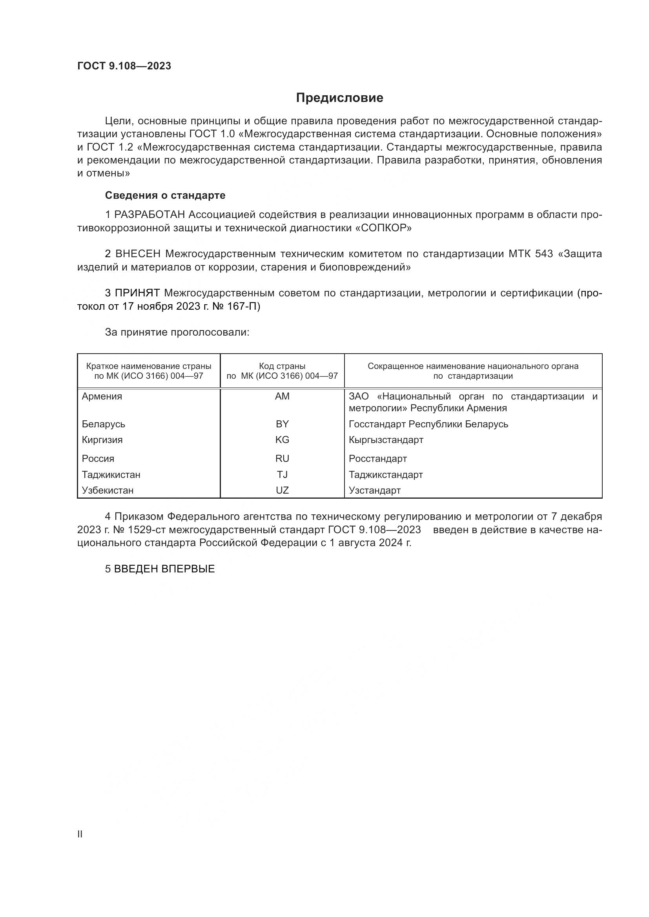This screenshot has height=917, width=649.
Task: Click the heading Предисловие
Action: (x=339, y=98)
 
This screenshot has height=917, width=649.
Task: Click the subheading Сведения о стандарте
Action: (x=165, y=195)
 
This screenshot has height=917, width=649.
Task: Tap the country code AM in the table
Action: (x=282, y=396)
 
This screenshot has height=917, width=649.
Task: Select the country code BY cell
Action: (x=282, y=424)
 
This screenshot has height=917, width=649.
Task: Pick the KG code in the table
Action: (x=282, y=440)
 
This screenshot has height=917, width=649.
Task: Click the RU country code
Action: (x=282, y=459)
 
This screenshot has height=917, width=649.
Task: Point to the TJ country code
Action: (x=282, y=474)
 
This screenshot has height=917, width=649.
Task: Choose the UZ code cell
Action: (x=282, y=490)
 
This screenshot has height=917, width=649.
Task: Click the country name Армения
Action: (x=102, y=396)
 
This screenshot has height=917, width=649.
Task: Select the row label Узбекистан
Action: (x=108, y=490)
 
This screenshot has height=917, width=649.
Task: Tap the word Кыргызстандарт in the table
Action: (x=386, y=440)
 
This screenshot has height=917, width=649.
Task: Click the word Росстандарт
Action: (x=377, y=459)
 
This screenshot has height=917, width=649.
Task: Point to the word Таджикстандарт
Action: (x=386, y=474)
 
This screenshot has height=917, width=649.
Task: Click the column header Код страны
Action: (x=282, y=366)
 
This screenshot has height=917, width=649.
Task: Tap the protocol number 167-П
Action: (x=246, y=306)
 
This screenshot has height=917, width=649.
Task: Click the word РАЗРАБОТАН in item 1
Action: (x=149, y=215)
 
